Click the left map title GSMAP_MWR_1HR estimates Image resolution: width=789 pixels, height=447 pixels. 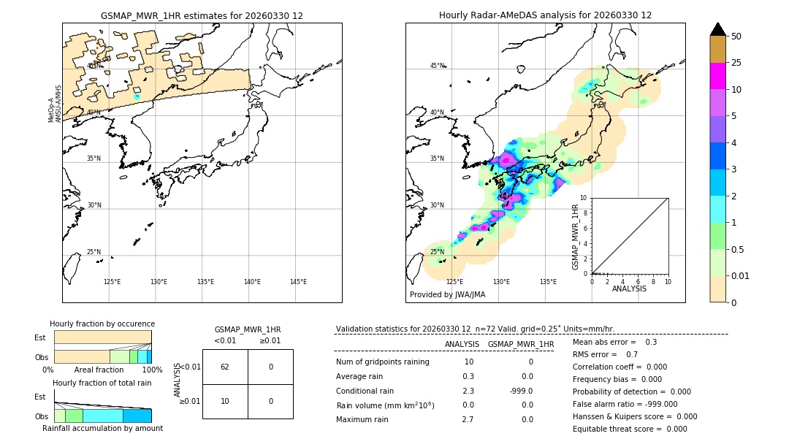click(x=202, y=15)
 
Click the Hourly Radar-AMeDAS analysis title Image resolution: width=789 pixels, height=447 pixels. click(x=545, y=15)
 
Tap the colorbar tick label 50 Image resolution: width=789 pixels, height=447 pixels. click(x=736, y=37)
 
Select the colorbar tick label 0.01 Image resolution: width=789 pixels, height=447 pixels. click(x=741, y=275)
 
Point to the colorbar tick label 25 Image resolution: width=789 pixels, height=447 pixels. click(x=736, y=63)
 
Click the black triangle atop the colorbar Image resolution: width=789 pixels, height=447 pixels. click(x=718, y=29)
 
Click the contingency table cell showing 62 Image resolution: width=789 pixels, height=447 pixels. click(x=225, y=367)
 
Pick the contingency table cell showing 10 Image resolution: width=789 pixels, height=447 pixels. click(x=225, y=401)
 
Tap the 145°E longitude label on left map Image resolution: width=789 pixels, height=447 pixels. click(x=298, y=282)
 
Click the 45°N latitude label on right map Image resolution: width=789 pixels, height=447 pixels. click(x=437, y=66)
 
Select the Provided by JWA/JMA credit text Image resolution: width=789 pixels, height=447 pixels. click(x=447, y=295)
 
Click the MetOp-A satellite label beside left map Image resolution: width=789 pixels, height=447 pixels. click(x=51, y=110)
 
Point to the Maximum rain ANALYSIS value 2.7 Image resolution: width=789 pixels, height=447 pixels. click(x=468, y=419)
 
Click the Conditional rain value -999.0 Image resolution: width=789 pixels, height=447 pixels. click(x=522, y=391)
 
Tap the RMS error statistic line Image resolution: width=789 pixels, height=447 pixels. click(x=606, y=354)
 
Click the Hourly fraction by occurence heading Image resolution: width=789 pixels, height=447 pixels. click(x=102, y=324)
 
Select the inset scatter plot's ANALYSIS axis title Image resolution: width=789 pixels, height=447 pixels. click(x=629, y=289)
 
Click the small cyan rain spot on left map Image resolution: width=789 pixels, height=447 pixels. click(x=137, y=96)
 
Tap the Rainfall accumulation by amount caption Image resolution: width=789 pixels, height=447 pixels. click(x=102, y=428)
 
